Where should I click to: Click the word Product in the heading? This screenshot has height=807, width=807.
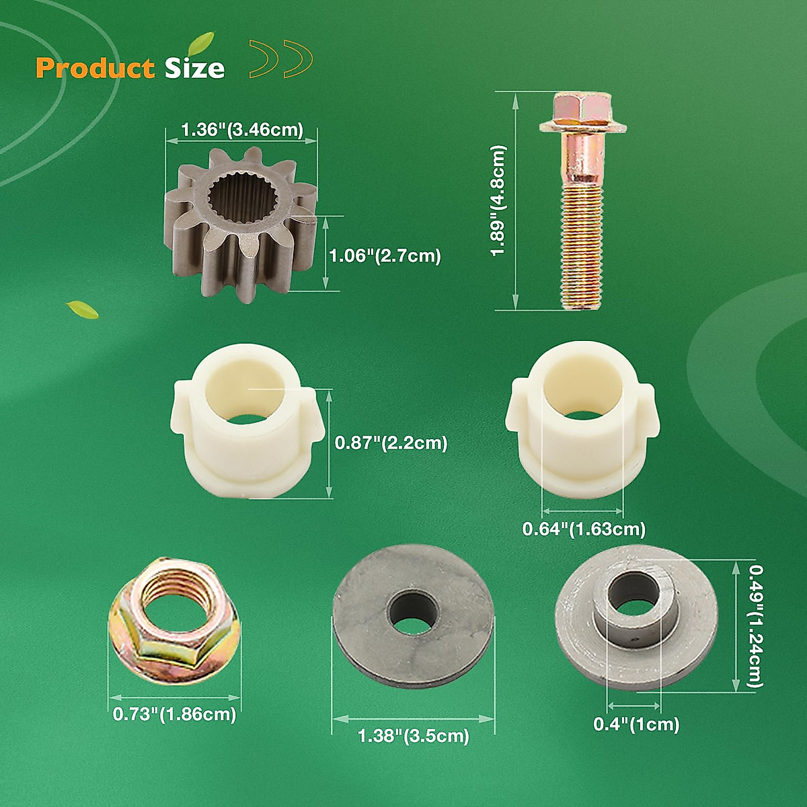pos(95,68)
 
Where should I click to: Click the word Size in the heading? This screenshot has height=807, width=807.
pos(195,68)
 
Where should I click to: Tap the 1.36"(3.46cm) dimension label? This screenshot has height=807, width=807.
pos(241,129)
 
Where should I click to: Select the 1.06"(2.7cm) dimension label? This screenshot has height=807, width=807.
pos(385,256)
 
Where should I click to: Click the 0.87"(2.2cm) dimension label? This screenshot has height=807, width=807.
pos(391,443)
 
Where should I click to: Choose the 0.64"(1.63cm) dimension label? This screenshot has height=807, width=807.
pos(584,529)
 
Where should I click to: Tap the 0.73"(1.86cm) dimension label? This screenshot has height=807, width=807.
pos(174,714)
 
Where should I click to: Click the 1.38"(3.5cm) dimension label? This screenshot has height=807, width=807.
pos(413,736)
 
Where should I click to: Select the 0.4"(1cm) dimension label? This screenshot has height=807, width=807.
pos(636,724)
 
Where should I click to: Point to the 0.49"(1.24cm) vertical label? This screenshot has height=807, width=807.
pos(756,625)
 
